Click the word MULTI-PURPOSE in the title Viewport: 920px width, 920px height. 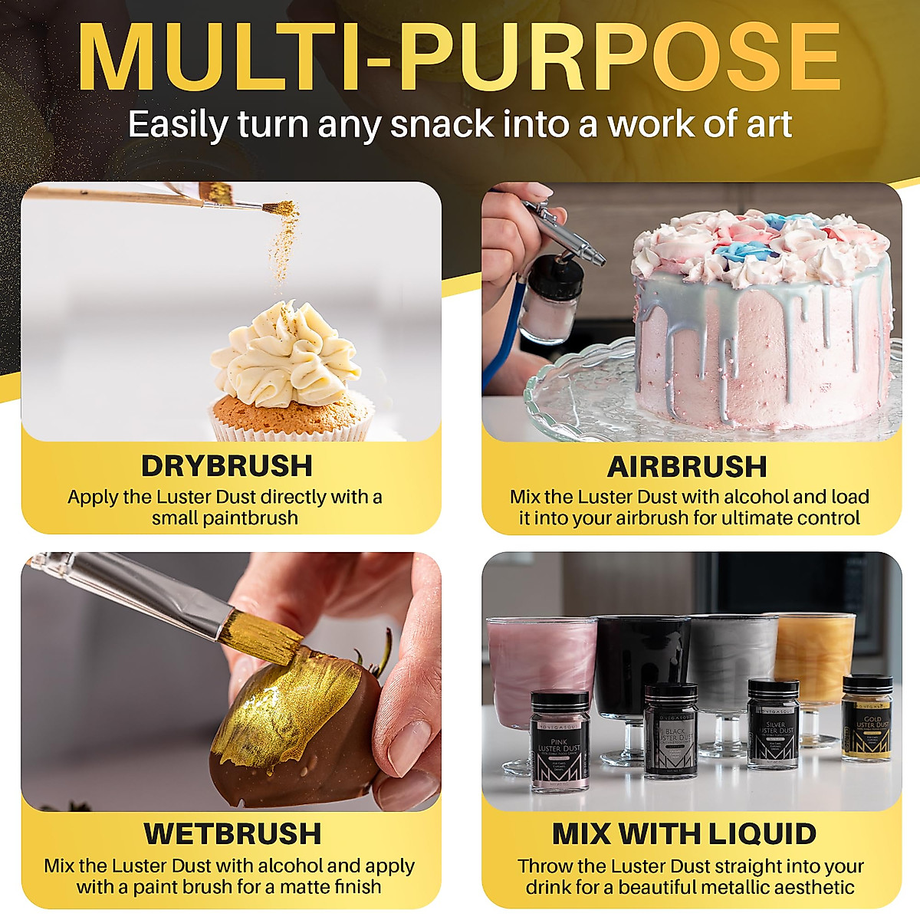click(460, 58)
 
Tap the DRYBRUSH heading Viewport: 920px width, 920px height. click(227, 466)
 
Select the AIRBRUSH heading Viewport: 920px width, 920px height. click(687, 466)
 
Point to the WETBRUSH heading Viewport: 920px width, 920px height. click(232, 833)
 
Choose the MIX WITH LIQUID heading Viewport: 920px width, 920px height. click(685, 833)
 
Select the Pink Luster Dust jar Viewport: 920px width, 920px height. click(560, 740)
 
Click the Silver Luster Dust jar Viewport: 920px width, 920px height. click(773, 722)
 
